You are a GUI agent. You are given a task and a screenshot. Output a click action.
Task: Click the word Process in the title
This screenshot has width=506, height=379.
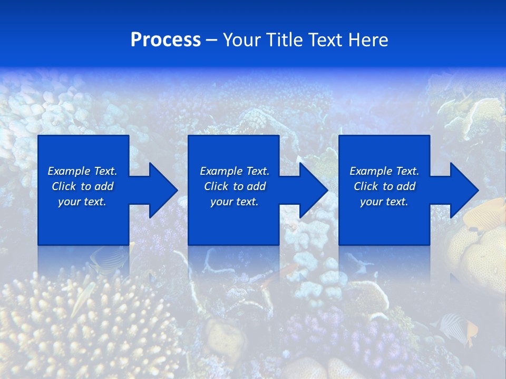pyautogui.click(x=166, y=40)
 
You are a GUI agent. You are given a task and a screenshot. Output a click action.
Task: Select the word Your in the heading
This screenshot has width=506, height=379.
pyautogui.click(x=242, y=40)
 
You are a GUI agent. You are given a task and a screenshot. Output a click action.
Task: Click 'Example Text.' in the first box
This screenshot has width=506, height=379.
pyautogui.click(x=82, y=171)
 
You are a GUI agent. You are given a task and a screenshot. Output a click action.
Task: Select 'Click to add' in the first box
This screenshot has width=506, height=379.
pyautogui.click(x=82, y=186)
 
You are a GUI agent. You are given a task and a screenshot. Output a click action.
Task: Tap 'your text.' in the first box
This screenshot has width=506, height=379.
pyautogui.click(x=82, y=202)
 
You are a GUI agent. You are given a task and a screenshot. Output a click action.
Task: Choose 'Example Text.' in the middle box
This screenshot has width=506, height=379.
pyautogui.click(x=235, y=171)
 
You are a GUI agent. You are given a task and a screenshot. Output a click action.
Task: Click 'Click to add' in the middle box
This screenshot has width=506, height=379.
pyautogui.click(x=235, y=186)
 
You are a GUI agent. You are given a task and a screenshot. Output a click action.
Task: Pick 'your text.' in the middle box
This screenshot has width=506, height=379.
pyautogui.click(x=235, y=202)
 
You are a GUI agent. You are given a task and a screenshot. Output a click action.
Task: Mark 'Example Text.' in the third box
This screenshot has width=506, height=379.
pyautogui.click(x=384, y=171)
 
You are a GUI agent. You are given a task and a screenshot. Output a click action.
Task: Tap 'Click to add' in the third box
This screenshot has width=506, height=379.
pyautogui.click(x=384, y=186)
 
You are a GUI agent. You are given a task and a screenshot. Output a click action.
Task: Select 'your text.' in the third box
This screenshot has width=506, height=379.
pyautogui.click(x=384, y=202)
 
